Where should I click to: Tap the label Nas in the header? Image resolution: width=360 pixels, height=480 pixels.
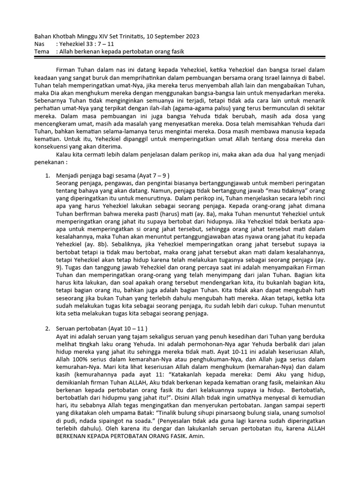click(x=41, y=44)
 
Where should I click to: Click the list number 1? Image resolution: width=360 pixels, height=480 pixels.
click(x=47, y=175)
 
